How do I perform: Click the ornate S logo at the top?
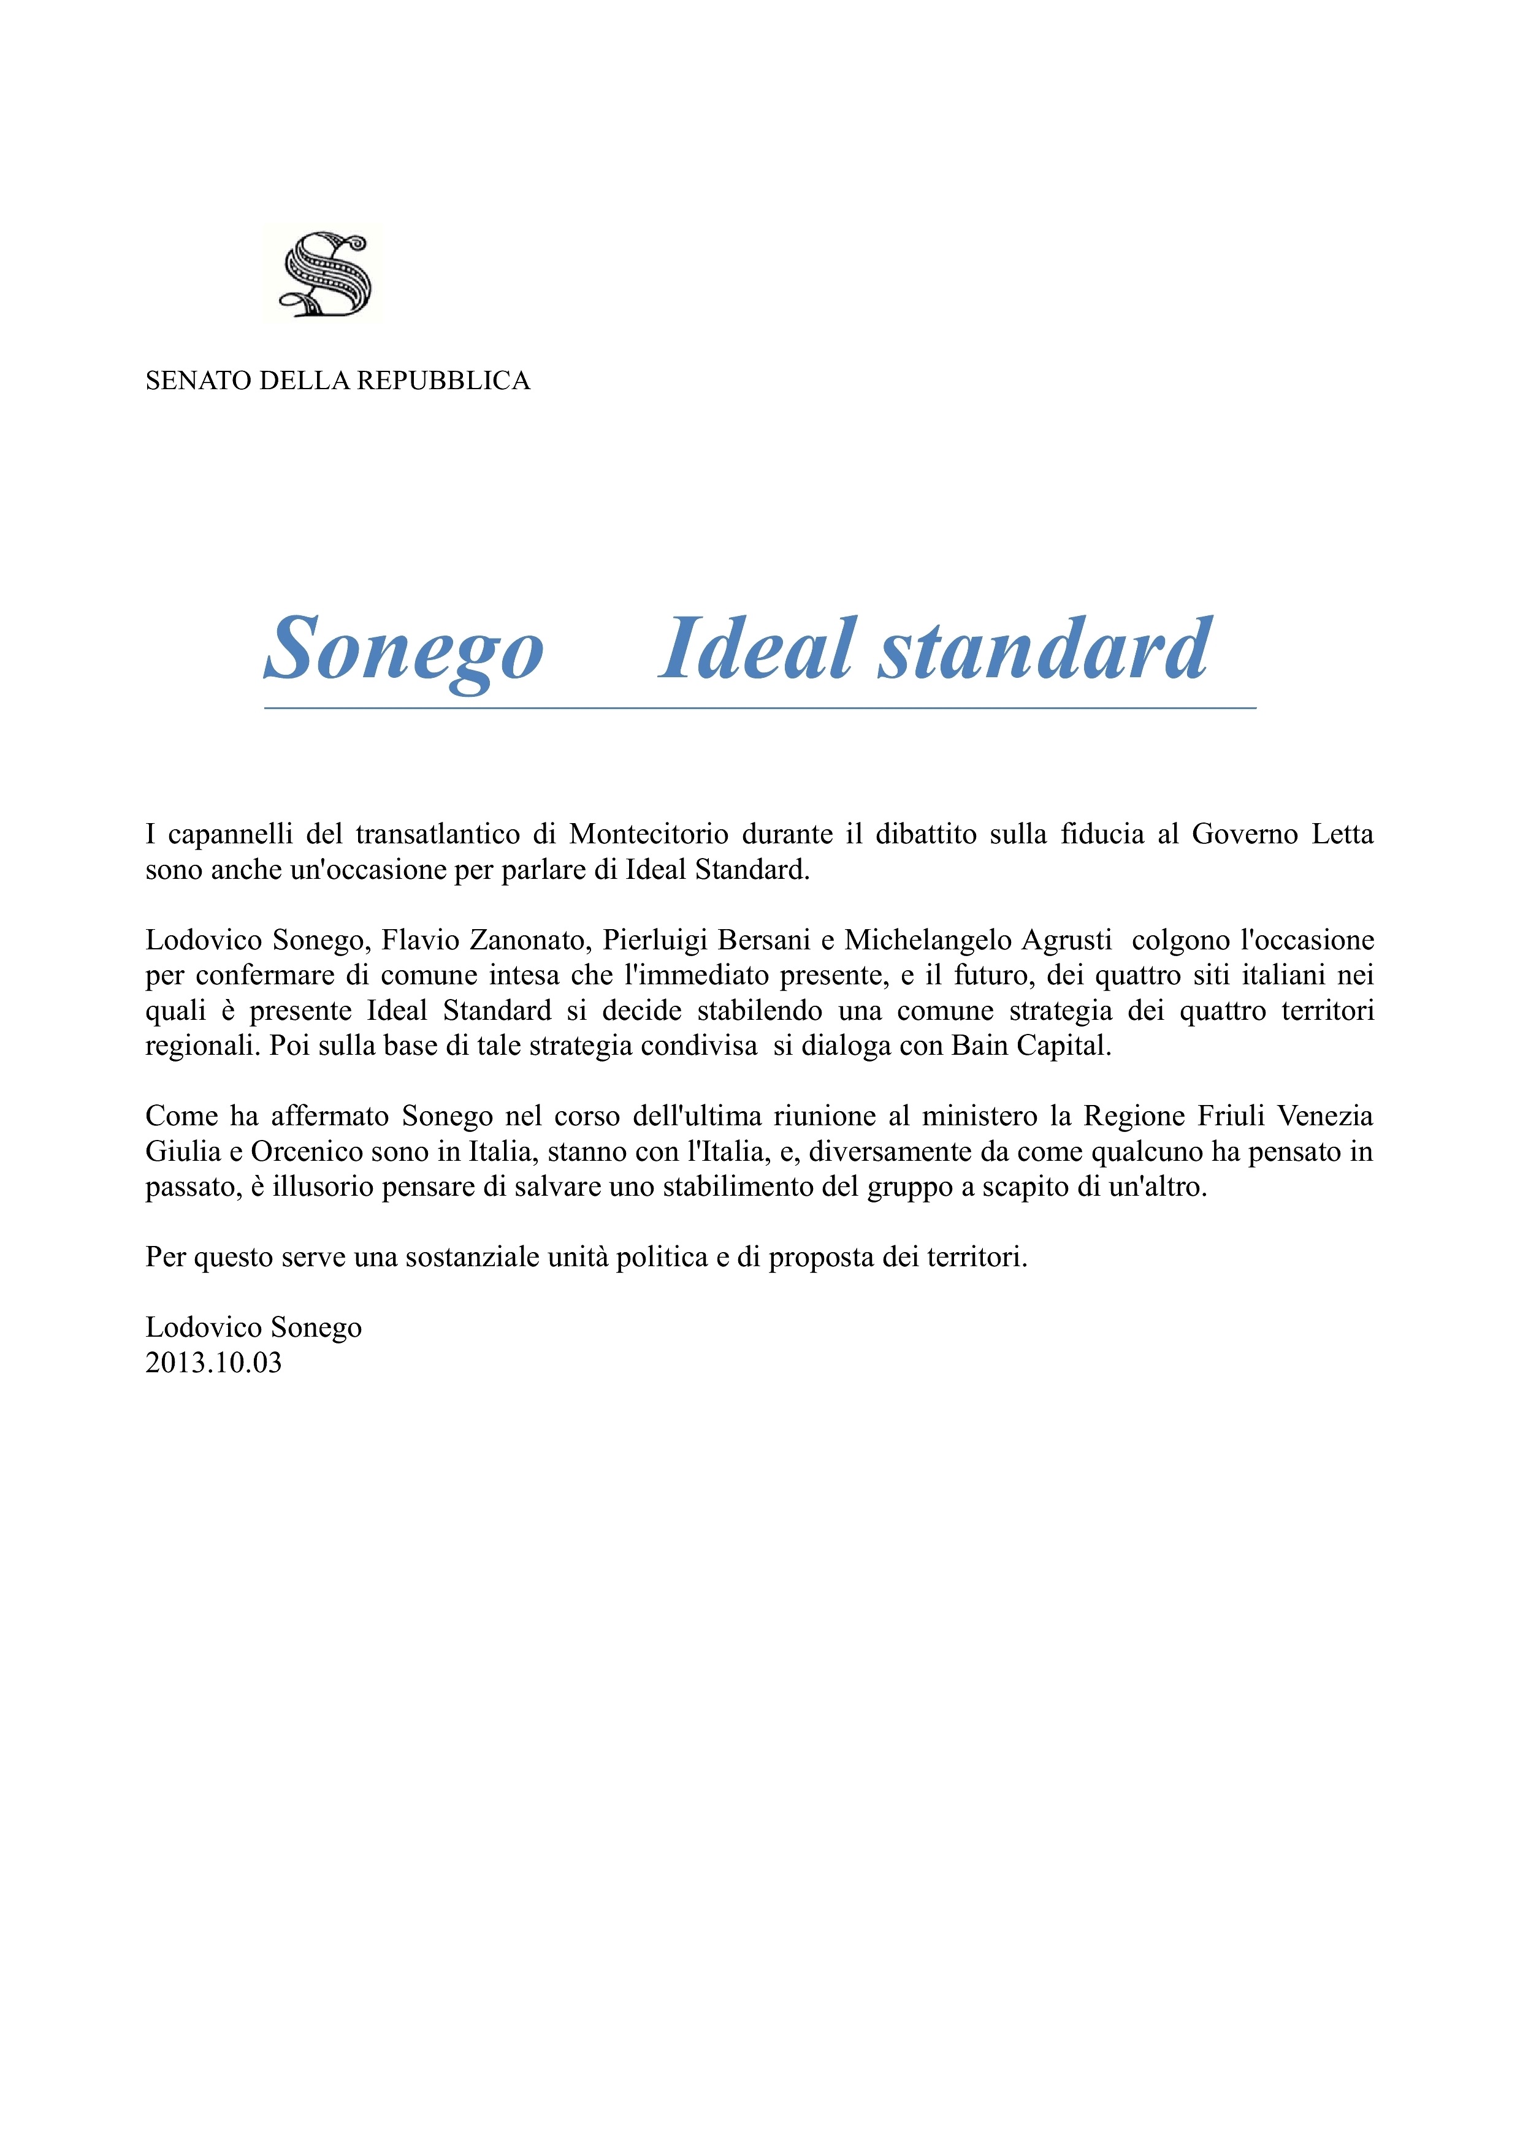coord(326,275)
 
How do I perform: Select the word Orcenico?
coord(306,1151)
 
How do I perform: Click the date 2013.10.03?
coord(213,1362)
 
